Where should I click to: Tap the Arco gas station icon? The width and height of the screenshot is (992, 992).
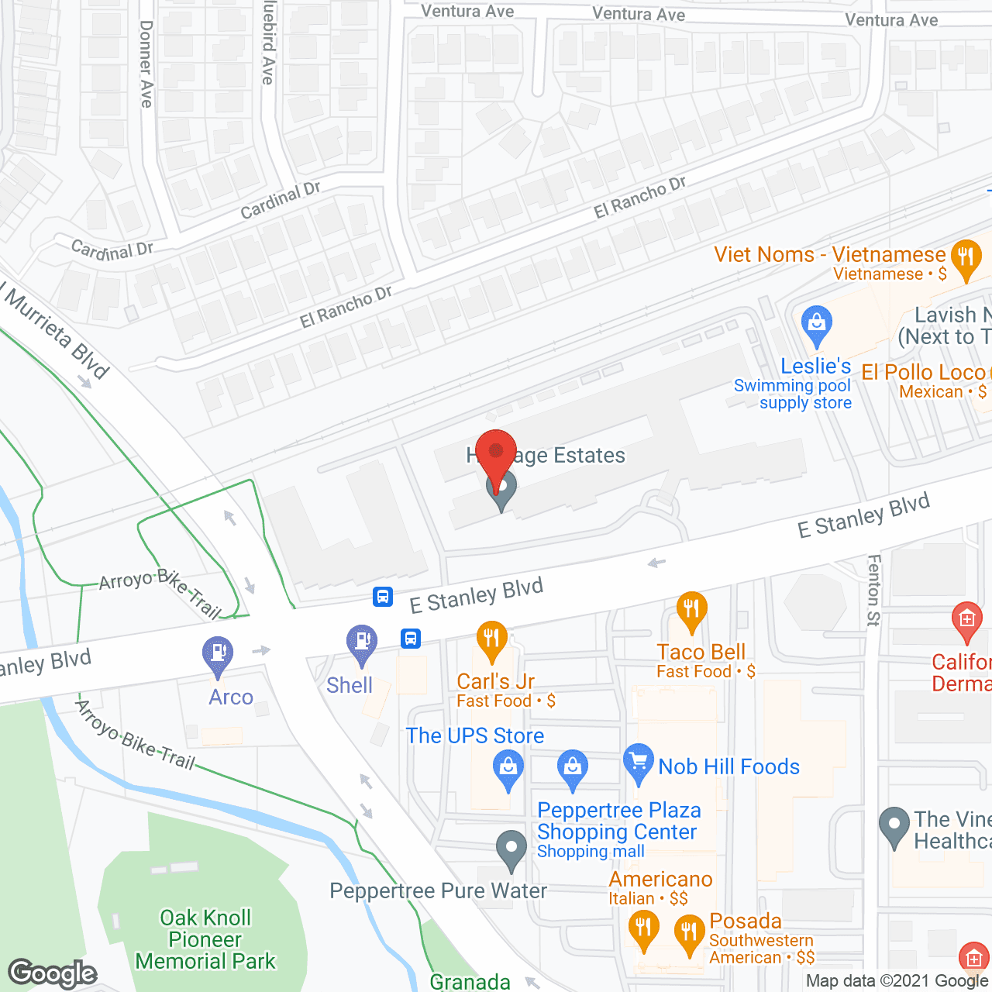point(219,656)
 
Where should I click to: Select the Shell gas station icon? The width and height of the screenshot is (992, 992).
point(361,644)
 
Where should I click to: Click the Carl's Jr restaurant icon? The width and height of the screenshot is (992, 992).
point(491,641)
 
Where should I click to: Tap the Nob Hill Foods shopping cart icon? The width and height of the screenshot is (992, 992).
point(639,763)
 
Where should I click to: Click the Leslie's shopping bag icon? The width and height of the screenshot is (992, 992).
point(816,325)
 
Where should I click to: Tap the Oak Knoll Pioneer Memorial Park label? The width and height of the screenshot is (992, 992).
point(205,939)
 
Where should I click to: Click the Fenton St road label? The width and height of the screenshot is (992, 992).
point(874,590)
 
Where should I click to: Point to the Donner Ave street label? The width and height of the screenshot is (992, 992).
point(146,64)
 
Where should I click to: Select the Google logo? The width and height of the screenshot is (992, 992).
point(53,973)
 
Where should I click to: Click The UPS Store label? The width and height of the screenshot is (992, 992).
point(475,735)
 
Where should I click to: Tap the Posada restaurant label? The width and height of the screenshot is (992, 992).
point(746,921)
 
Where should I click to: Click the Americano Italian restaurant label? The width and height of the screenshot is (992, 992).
point(660,879)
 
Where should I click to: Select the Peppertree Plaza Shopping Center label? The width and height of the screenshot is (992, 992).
point(618,821)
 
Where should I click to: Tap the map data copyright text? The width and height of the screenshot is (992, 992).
point(897,980)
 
